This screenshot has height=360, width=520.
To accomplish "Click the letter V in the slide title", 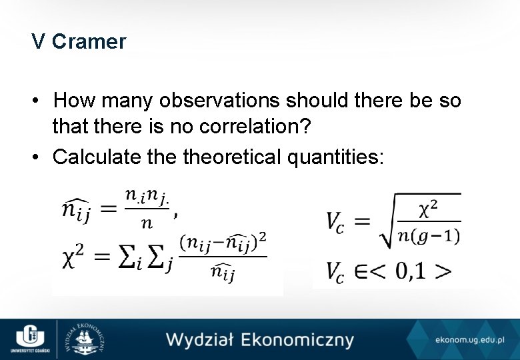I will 38,42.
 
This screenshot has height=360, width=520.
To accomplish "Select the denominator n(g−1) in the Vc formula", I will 429,235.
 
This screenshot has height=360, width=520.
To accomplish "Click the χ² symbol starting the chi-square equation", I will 71,255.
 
